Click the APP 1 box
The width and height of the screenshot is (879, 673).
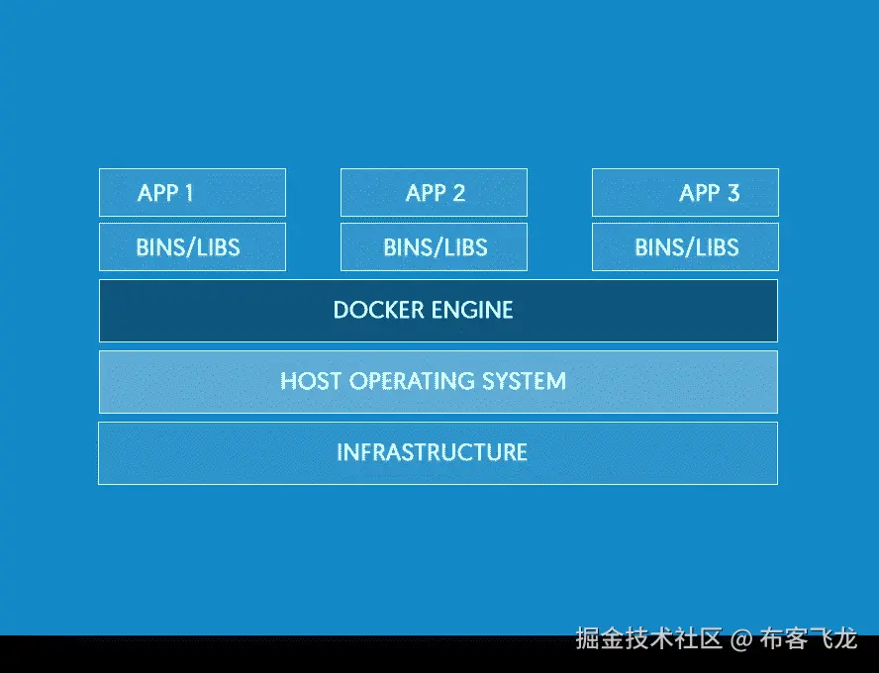pos(192,192)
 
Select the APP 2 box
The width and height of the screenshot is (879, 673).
pos(434,192)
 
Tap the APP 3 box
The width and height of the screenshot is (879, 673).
pos(685,192)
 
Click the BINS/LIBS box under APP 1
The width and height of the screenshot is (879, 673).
pos(192,246)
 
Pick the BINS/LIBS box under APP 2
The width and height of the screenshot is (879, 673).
pos(434,246)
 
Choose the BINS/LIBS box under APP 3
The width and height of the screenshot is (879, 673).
pos(685,246)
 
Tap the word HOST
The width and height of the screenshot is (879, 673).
pos(311,381)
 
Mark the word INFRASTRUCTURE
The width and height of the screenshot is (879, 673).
pos(432,452)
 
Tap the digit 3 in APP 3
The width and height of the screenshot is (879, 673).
pos(732,192)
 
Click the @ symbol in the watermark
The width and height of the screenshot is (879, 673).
pos(741,639)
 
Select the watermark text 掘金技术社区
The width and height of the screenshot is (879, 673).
pos(649,639)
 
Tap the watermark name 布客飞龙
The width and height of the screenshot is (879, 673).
pos(808,639)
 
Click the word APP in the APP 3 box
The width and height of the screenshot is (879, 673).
pos(700,192)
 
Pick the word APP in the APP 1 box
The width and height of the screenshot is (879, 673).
pos(157,192)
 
